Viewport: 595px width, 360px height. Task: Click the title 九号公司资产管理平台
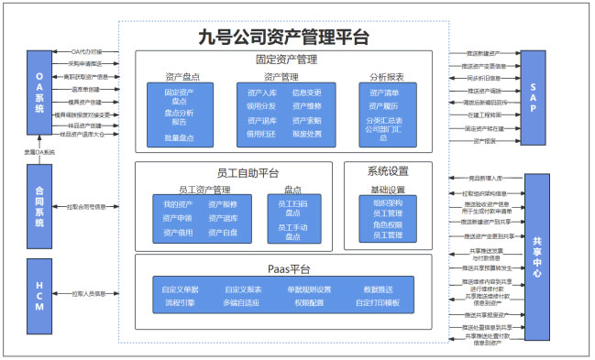tap(284, 38)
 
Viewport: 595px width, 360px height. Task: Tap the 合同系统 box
tap(39, 208)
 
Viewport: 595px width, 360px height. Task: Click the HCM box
tap(39, 293)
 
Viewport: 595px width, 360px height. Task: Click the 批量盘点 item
tap(179, 136)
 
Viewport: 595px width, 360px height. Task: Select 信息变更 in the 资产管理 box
tap(307, 93)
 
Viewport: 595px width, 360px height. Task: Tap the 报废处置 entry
tap(307, 134)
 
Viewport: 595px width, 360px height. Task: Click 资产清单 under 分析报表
tap(385, 93)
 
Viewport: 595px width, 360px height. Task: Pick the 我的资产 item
tap(178, 203)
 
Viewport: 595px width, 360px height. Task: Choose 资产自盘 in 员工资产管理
tap(223, 233)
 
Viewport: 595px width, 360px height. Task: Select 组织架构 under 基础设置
tap(388, 202)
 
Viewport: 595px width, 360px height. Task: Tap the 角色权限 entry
tap(388, 224)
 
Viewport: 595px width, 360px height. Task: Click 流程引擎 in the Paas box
tap(179, 302)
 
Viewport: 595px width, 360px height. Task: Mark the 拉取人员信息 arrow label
tap(89, 294)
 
